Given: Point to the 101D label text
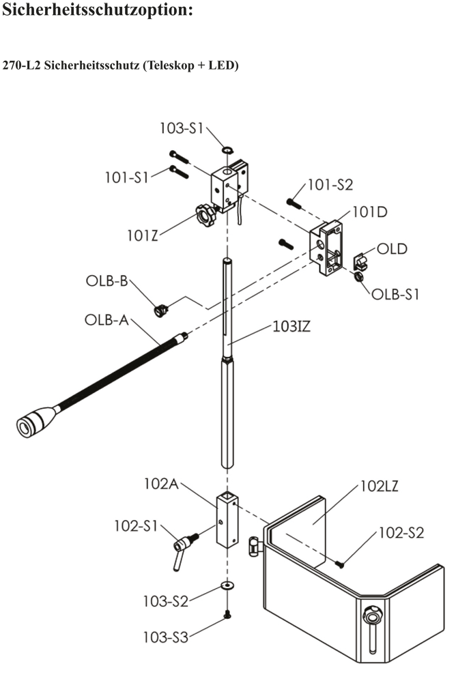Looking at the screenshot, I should point(369,212).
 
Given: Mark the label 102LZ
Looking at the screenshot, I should point(379,487).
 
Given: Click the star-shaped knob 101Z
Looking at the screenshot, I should point(204,217).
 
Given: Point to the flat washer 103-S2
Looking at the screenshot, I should point(225,586).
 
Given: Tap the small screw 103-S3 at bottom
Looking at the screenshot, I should point(226,615).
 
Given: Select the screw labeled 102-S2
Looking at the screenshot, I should point(341,563).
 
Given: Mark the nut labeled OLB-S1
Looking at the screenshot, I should point(358,277).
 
